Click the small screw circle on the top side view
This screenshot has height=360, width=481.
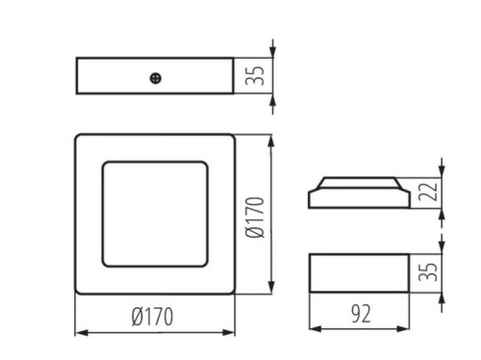click(x=155, y=76)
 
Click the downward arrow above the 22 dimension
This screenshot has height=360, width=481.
click(x=443, y=170)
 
